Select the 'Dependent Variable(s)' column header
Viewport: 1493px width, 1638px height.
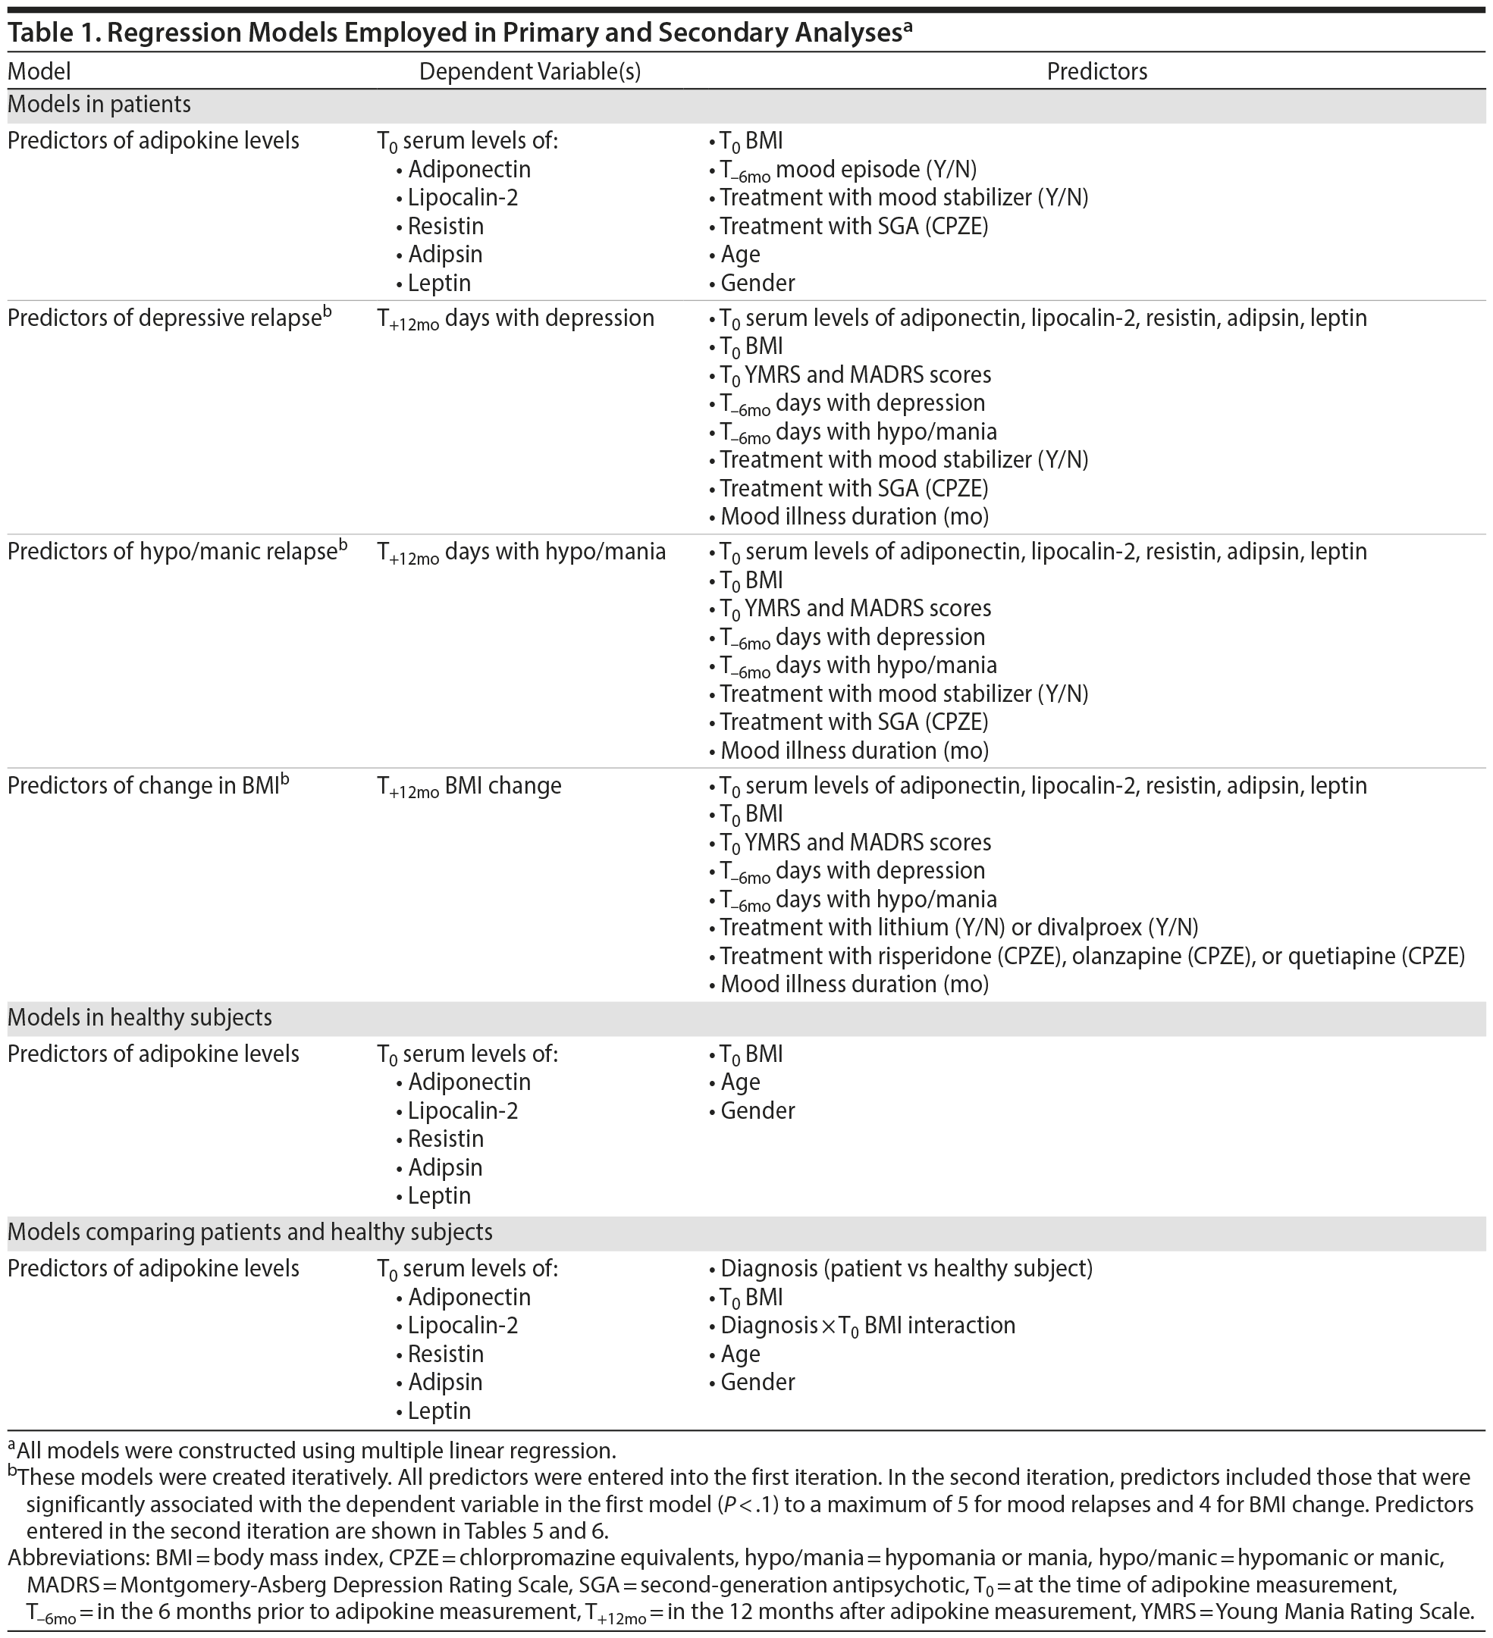[x=530, y=71]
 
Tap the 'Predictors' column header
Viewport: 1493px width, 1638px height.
[x=1096, y=71]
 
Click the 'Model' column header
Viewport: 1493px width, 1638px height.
[x=39, y=71]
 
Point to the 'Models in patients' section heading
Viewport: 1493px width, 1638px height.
[x=99, y=105]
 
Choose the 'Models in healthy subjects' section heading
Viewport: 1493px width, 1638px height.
[x=140, y=1017]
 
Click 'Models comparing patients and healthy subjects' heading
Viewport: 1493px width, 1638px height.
[x=249, y=1232]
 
